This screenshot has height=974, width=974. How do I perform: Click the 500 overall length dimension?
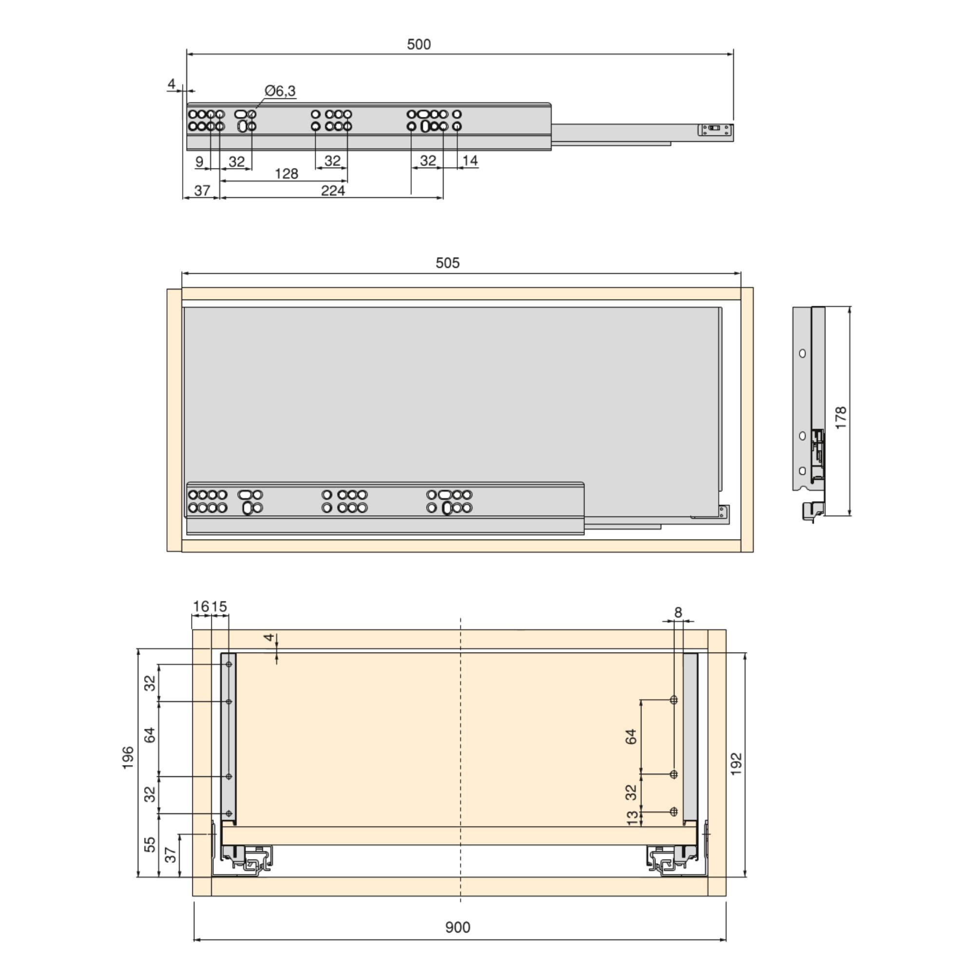click(418, 44)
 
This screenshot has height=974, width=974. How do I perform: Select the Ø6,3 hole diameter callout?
click(281, 91)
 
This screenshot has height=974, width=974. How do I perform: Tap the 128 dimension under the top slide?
click(286, 174)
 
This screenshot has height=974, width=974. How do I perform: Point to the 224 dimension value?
click(333, 190)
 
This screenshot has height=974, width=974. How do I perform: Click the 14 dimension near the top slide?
click(470, 161)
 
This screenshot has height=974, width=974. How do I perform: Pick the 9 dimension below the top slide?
click(199, 162)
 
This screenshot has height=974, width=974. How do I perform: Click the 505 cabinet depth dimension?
click(447, 263)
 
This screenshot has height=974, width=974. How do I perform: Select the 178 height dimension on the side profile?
click(841, 417)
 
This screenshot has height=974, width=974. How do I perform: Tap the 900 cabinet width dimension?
click(457, 928)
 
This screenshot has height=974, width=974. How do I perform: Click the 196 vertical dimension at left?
click(128, 758)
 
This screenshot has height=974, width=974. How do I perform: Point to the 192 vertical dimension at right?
click(736, 764)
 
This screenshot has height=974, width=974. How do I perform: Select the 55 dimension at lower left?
click(150, 844)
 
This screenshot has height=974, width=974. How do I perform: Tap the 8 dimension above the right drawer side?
click(678, 613)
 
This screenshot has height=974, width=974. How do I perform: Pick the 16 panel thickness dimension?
click(201, 606)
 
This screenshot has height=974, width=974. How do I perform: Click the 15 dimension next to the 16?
click(219, 606)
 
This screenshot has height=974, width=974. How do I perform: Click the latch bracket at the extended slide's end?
click(715, 130)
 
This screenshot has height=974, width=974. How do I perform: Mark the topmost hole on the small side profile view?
click(802, 354)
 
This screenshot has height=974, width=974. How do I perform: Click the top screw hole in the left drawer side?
click(229, 664)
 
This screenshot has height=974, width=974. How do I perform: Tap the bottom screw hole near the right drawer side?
click(674, 812)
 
